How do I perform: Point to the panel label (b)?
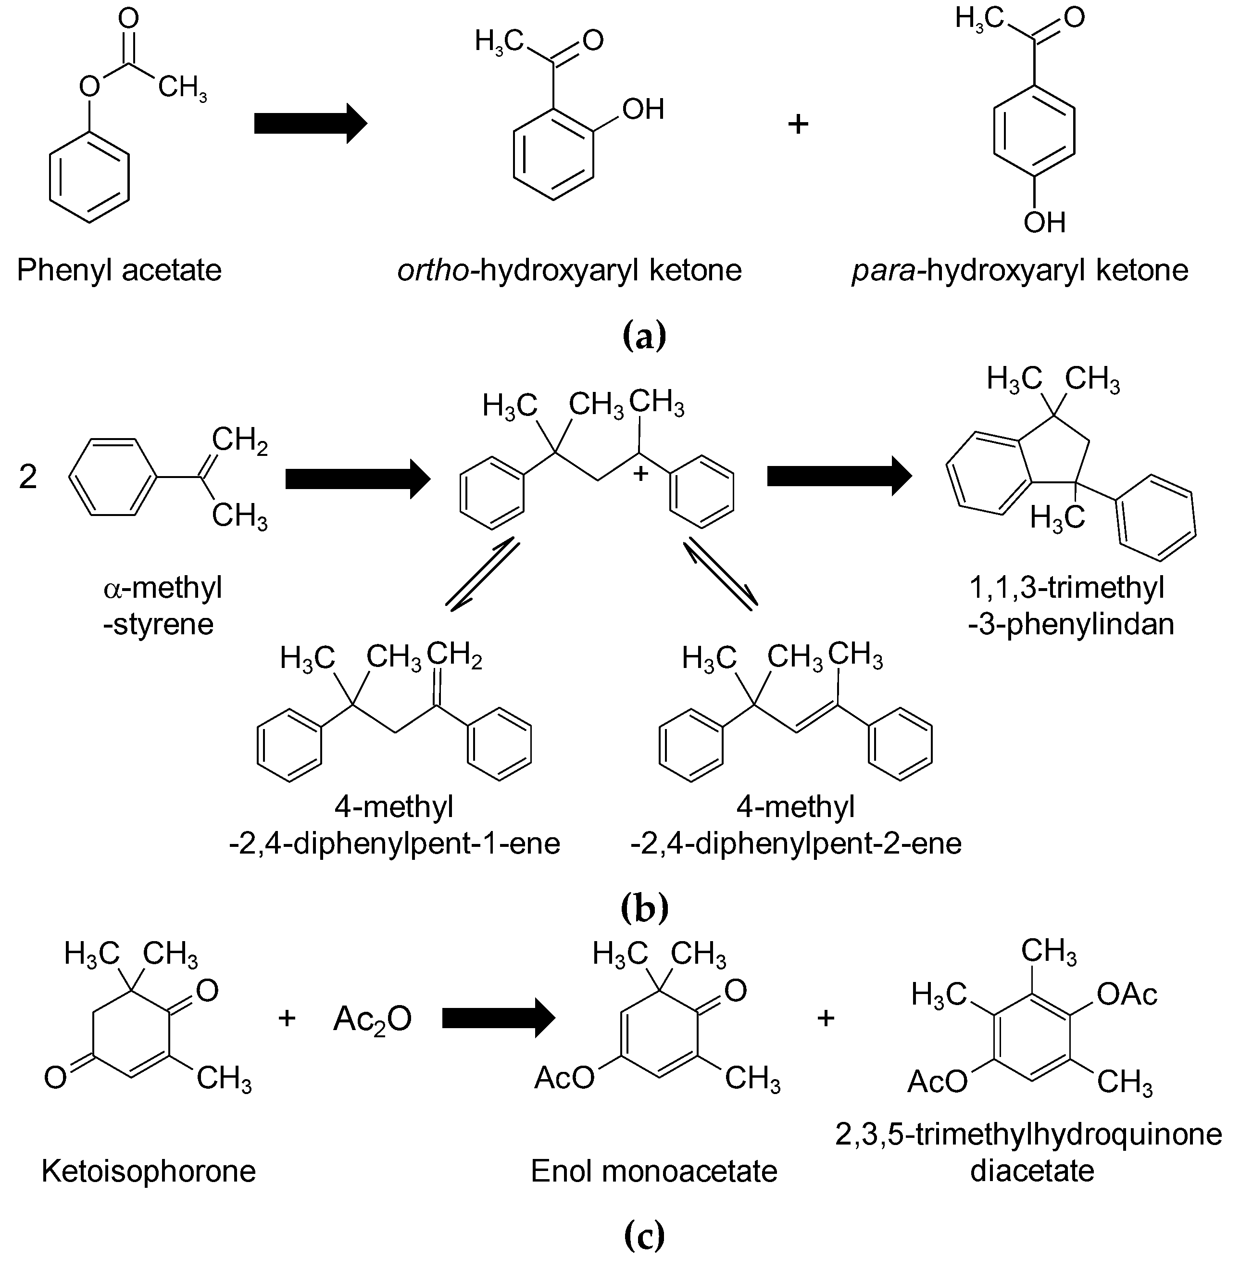tap(644, 909)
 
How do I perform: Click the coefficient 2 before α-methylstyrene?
tap(28, 478)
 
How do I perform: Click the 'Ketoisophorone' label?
tap(149, 1170)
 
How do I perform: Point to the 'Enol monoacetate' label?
tap(653, 1170)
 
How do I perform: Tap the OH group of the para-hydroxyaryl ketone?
tap(1044, 223)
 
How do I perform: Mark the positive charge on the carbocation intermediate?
tap(641, 474)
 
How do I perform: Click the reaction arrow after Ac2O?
tap(498, 1018)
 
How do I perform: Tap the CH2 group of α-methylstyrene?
tap(239, 441)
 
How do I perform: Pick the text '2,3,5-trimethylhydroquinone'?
tap(1028, 1134)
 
